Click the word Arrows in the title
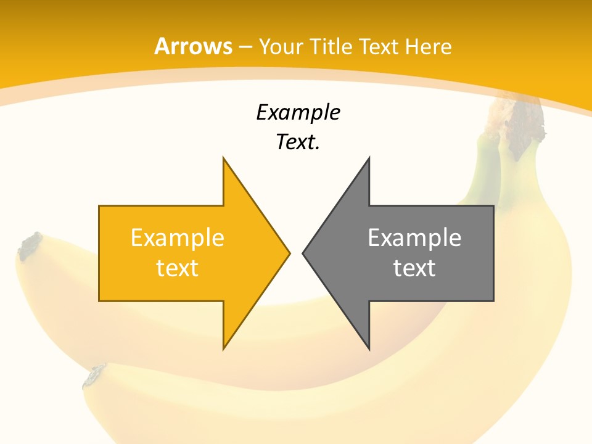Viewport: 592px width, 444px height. [193, 46]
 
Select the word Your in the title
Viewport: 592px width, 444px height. [281, 46]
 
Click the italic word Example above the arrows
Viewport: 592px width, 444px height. [298, 112]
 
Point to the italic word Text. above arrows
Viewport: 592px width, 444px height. [298, 142]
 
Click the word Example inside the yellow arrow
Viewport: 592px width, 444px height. [177, 237]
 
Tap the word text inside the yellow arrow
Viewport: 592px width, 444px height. [177, 268]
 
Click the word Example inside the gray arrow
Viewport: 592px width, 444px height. [414, 237]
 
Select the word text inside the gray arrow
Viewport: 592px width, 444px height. [414, 268]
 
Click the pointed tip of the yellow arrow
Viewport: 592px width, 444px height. [289, 253]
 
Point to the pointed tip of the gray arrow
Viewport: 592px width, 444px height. [303, 253]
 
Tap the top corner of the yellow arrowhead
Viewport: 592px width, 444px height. [224, 158]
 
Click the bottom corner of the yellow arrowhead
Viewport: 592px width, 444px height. [224, 348]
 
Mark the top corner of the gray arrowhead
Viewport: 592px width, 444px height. [369, 158]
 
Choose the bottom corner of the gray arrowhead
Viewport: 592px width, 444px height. [369, 348]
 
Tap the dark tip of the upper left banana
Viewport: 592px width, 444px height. [29, 245]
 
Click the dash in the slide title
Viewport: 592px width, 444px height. [245, 47]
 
